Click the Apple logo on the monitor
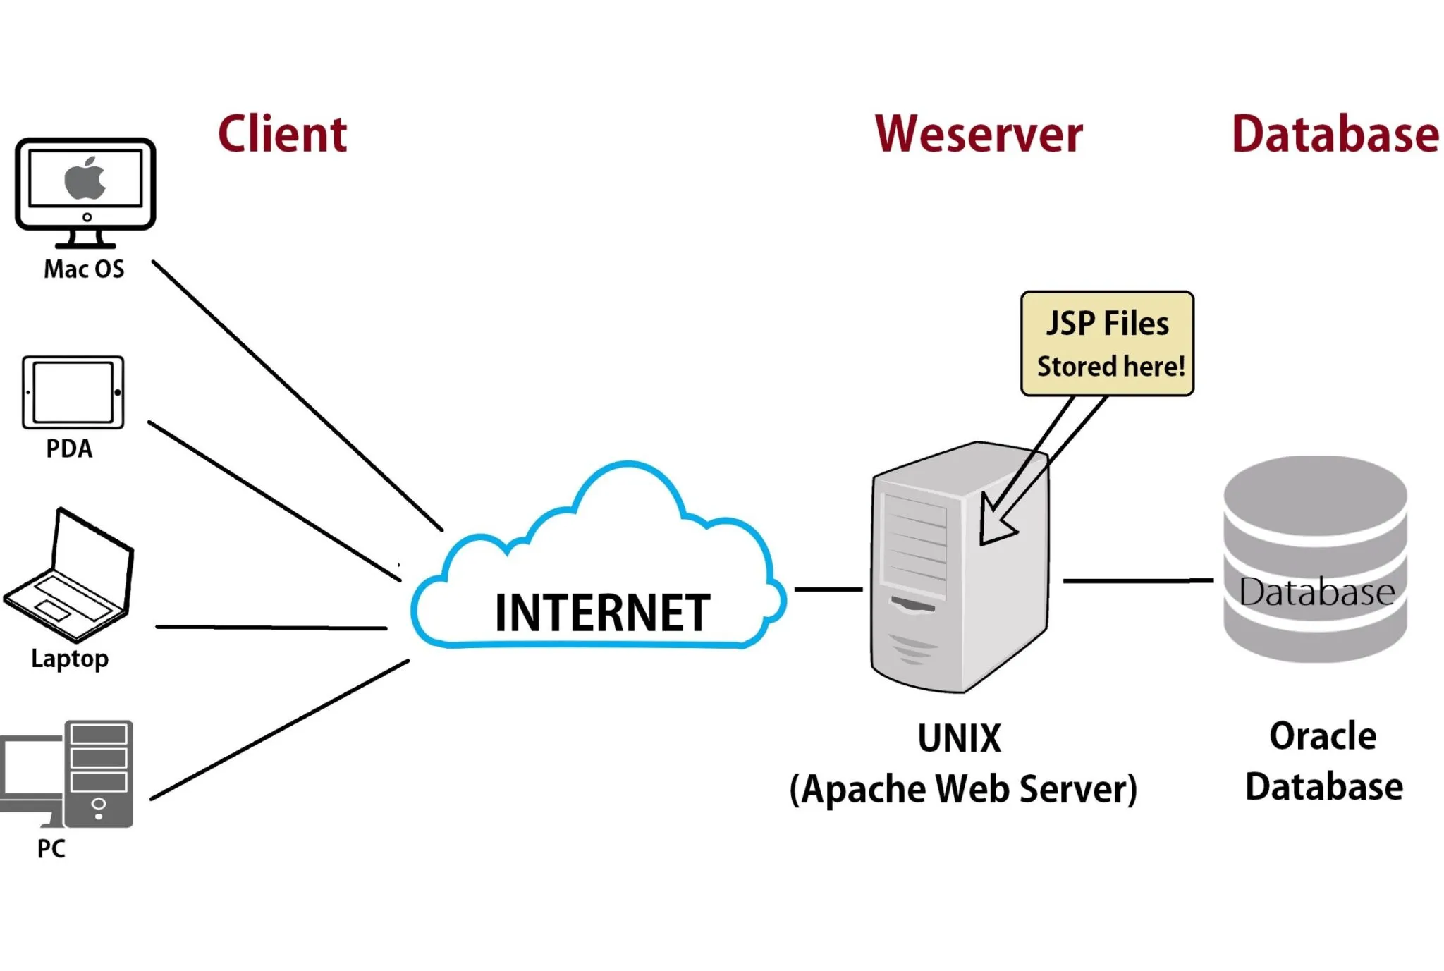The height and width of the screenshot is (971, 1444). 85,178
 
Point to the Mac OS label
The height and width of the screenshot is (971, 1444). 84,269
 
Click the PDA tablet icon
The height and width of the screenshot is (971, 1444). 73,393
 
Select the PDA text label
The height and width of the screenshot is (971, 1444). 69,448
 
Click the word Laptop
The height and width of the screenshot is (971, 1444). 70,659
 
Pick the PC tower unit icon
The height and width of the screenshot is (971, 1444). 99,773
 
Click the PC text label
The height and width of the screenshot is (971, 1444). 51,848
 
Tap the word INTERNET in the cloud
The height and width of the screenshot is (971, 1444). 602,613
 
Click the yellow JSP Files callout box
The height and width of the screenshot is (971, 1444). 1107,343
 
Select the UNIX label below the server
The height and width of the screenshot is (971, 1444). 959,738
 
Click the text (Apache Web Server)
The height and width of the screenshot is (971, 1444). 963,789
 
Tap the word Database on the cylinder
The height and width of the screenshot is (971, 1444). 1316,592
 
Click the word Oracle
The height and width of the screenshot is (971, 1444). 1323,736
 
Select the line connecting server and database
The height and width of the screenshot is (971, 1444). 1137,581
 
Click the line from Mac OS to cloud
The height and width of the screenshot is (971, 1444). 296,395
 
